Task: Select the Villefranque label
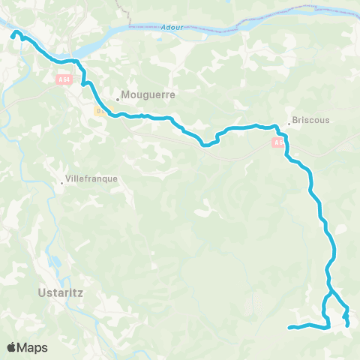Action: coord(91,181)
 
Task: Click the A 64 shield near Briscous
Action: coord(279,141)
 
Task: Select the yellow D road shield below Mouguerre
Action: coord(99,110)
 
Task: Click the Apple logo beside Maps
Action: coord(13,347)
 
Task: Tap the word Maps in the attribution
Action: coord(34,347)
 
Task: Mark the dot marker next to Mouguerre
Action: coord(117,98)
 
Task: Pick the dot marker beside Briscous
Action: coord(289,124)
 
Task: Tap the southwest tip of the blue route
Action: coord(289,327)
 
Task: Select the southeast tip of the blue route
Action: coord(347,325)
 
